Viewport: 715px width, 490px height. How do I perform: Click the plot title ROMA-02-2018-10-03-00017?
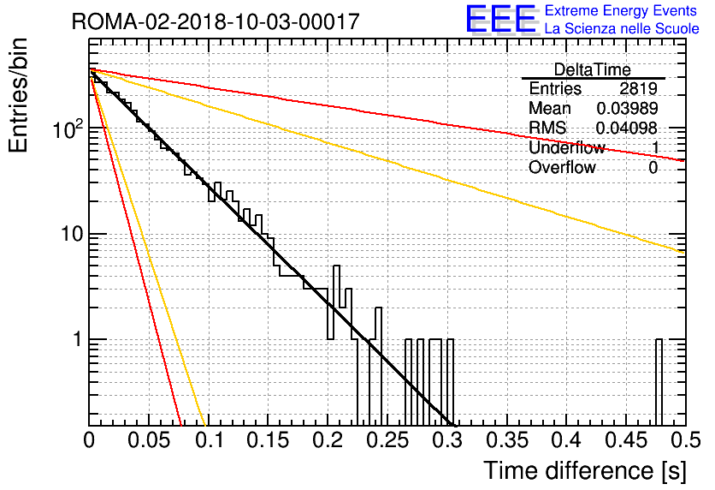[216, 21]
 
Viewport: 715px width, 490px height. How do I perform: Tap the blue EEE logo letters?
[501, 19]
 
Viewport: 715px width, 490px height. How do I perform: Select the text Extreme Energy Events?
[621, 10]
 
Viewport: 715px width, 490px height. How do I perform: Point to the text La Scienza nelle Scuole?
[622, 28]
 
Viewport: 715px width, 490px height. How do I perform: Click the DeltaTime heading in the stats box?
[592, 69]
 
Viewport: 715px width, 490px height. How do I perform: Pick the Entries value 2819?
[638, 88]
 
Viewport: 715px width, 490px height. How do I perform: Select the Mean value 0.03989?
[627, 108]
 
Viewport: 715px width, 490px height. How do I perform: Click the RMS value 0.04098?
[627, 128]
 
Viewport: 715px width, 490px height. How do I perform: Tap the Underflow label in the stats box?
[567, 147]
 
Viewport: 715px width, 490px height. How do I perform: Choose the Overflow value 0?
[653, 168]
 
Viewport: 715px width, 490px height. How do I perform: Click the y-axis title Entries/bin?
[18, 95]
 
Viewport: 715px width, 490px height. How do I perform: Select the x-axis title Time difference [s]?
[585, 470]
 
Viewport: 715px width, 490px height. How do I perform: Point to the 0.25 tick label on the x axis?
[387, 440]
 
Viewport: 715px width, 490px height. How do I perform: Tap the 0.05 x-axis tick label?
[149, 440]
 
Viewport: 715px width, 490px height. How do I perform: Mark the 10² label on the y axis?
[68, 128]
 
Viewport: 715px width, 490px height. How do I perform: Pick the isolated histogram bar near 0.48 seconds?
[659, 383]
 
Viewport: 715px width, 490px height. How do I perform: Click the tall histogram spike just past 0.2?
[336, 302]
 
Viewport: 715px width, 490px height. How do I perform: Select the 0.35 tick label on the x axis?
[507, 440]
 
